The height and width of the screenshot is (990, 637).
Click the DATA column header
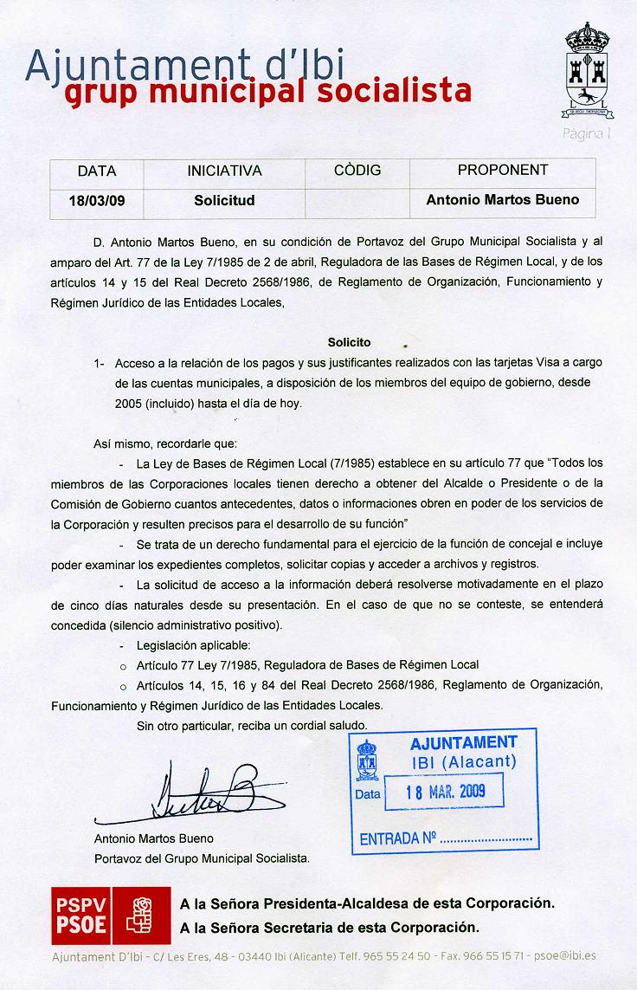tap(97, 171)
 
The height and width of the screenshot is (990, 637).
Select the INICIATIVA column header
tap(224, 171)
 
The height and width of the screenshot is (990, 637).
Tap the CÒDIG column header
tap(357, 171)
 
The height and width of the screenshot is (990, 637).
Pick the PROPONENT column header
tap(502, 171)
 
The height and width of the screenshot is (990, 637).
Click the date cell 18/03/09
tap(97, 201)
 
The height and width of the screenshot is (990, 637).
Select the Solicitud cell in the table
tap(224, 200)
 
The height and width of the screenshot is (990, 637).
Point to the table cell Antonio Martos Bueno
tap(502, 200)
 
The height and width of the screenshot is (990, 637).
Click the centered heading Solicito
tap(349, 342)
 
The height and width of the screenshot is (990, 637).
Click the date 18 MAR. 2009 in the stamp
tap(446, 791)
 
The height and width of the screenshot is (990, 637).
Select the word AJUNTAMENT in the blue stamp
tap(463, 742)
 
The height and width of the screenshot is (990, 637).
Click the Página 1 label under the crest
tap(587, 134)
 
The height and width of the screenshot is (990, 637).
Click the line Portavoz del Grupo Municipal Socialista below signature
tap(202, 858)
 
